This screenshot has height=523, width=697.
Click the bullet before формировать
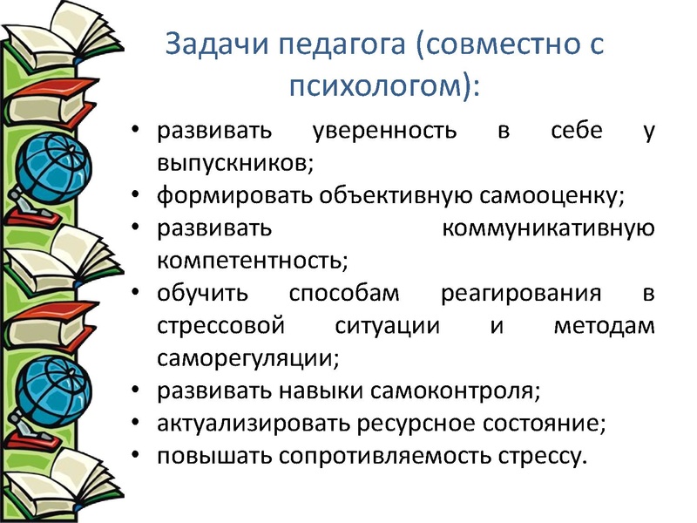pyautogui.click(x=135, y=195)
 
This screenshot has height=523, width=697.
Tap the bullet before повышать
pyautogui.click(x=135, y=455)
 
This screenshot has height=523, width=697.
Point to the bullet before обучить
pyautogui.click(x=135, y=293)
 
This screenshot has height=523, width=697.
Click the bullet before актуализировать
pyautogui.click(x=135, y=423)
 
